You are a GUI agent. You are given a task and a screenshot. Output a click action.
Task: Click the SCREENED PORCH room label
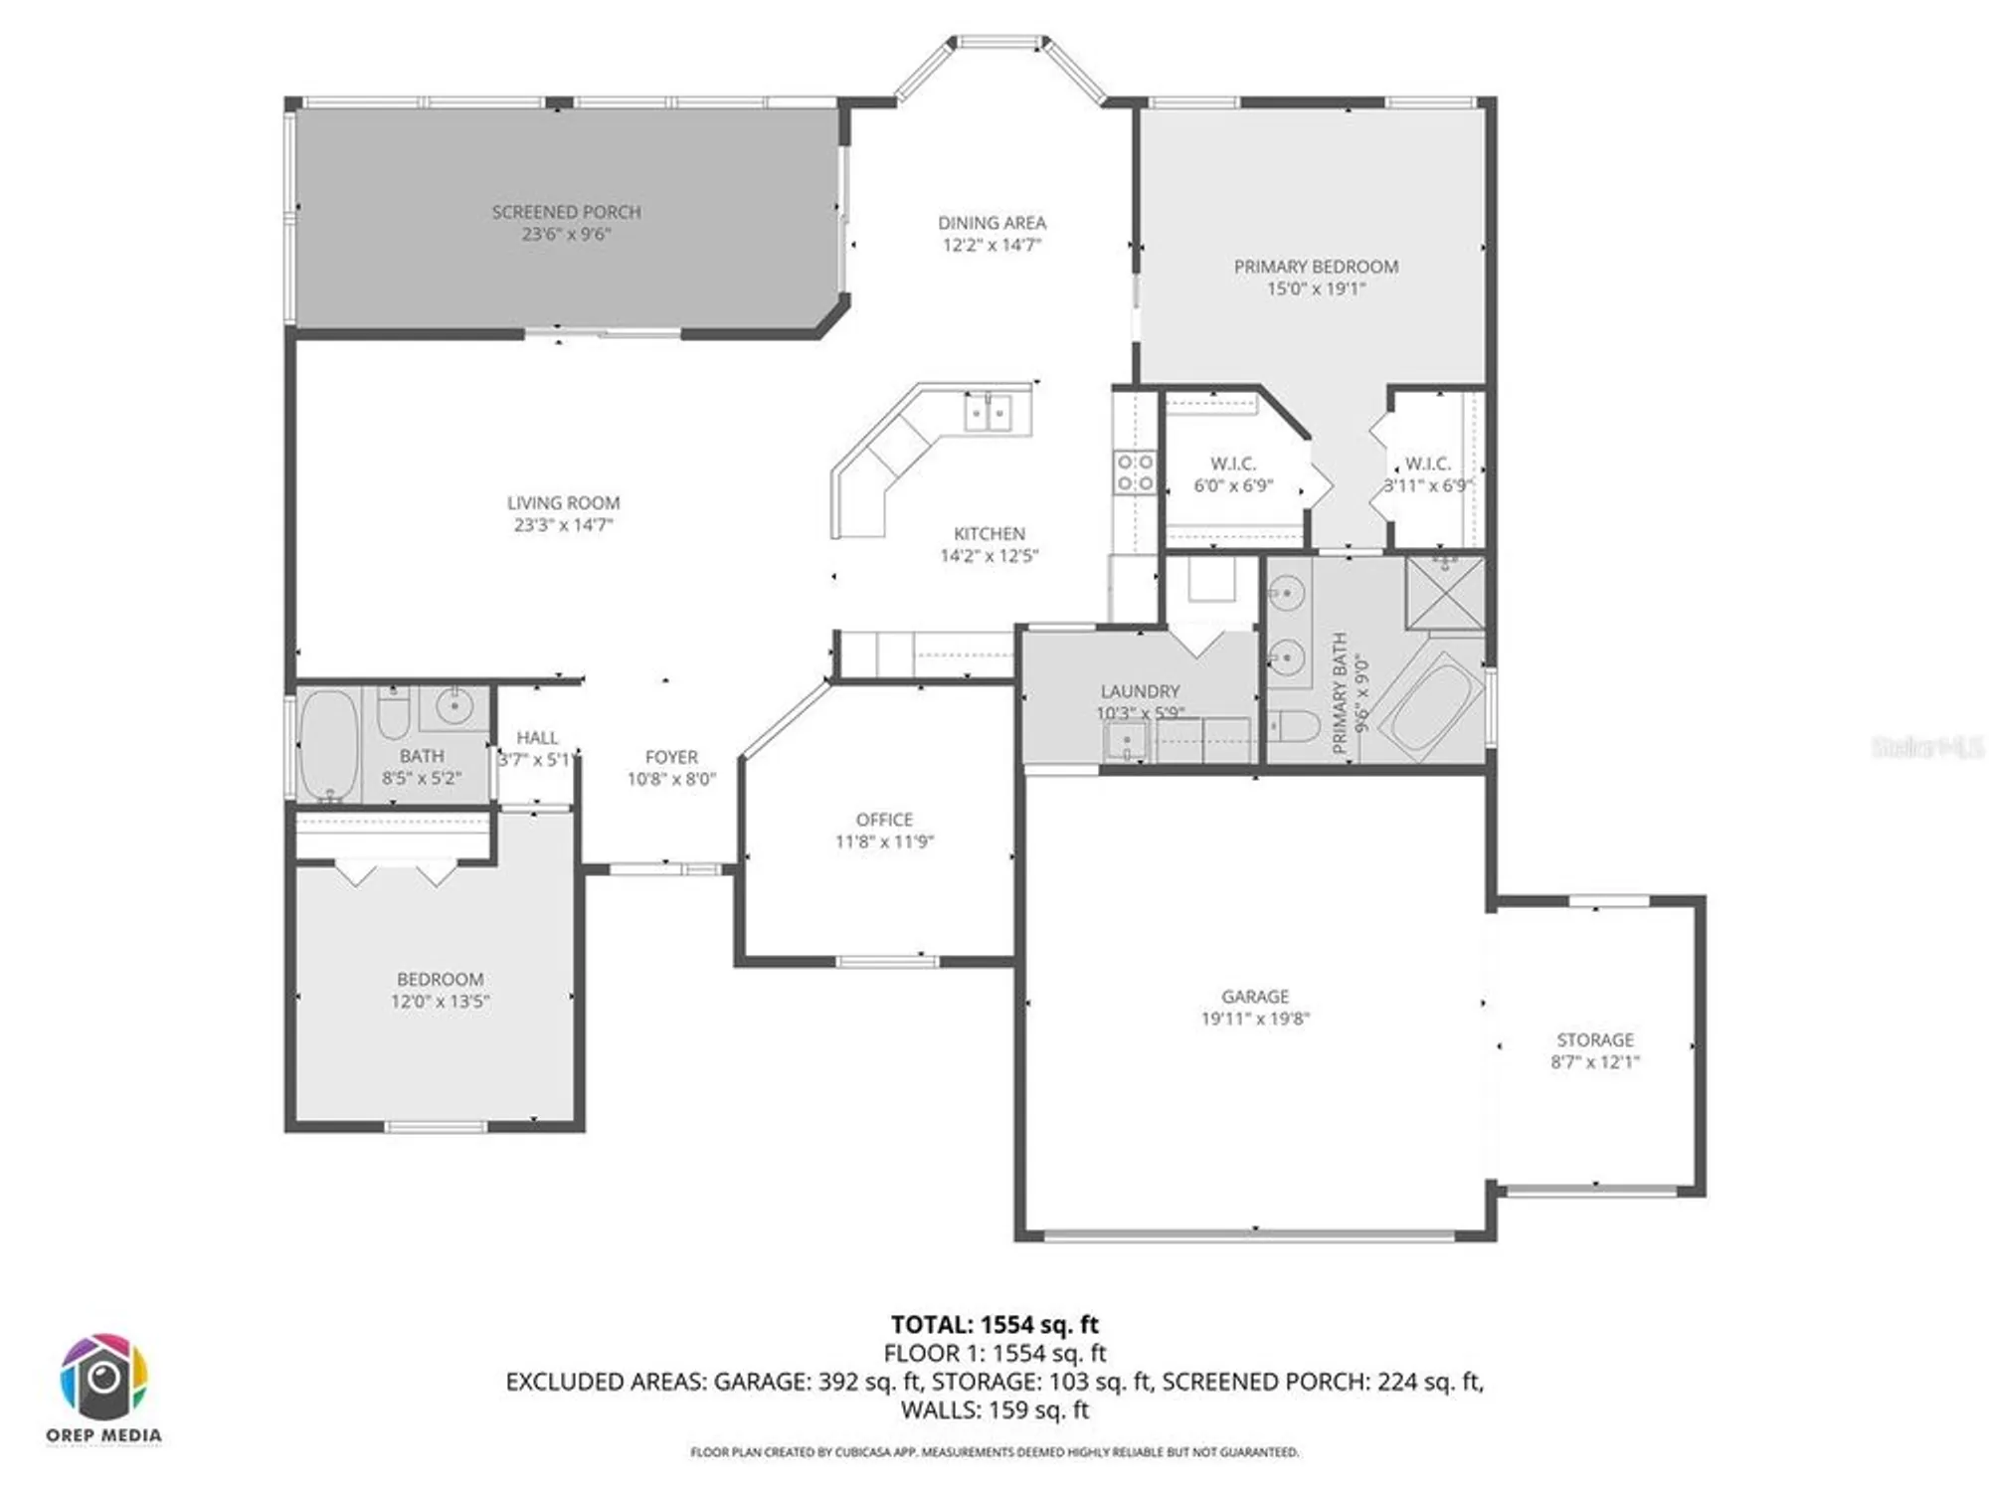point(566,212)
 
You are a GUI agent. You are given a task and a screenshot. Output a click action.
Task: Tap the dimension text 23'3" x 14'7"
point(563,525)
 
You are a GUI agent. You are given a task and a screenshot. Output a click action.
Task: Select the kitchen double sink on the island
point(988,412)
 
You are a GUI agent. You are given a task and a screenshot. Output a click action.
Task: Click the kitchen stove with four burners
point(1135,472)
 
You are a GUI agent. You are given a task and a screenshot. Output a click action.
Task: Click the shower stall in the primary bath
point(1445,592)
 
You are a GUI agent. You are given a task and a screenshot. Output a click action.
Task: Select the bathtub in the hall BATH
point(329,745)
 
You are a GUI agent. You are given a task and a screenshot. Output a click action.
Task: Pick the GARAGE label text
point(1255,997)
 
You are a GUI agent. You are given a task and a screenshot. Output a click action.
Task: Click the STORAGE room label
point(1595,1039)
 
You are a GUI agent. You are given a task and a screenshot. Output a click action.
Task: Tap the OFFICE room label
point(884,820)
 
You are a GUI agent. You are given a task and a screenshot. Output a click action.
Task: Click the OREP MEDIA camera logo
point(103,1378)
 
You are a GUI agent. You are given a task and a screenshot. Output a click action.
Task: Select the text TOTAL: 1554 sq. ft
point(994,1325)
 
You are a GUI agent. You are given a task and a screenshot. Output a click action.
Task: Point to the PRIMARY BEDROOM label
point(1316,267)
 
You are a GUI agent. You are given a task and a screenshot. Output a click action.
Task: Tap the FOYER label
point(671,757)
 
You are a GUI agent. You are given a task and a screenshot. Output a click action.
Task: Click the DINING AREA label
point(992,223)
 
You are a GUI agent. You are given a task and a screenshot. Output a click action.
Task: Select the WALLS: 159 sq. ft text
point(994,1409)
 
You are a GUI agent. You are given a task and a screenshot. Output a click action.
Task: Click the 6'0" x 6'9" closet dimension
point(1233,486)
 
